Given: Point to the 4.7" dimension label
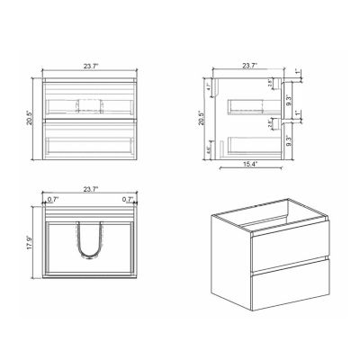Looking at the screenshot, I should click(209, 88).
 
